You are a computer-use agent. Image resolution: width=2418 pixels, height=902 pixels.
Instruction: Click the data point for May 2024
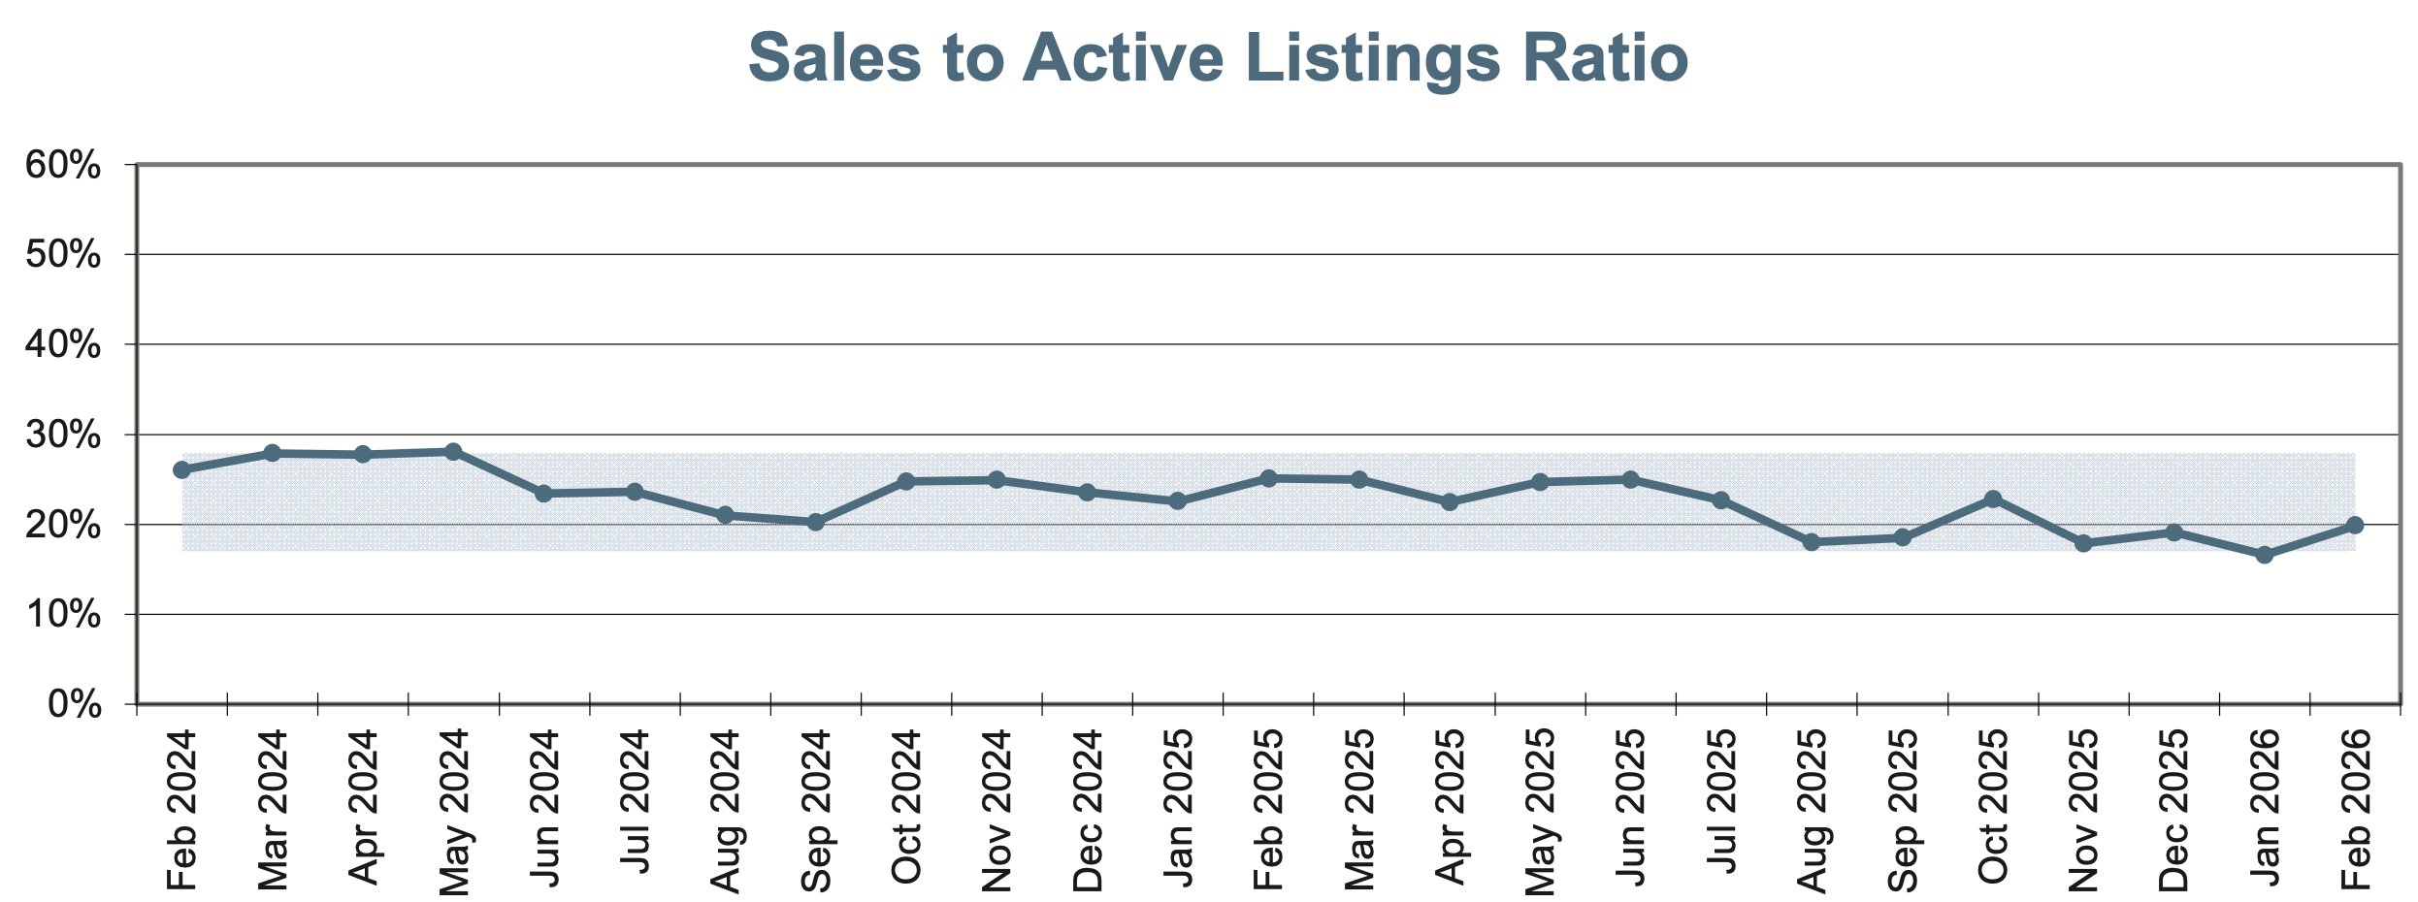point(453,452)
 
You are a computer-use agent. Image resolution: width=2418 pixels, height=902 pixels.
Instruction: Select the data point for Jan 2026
point(2264,555)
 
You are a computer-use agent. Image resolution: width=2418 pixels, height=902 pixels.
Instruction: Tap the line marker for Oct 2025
point(1993,499)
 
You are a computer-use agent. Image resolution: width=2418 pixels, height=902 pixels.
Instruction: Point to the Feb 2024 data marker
point(181,469)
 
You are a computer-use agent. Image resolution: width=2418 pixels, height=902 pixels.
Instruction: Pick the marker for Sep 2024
point(816,522)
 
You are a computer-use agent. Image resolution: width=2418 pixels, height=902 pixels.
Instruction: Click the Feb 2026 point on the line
point(2354,526)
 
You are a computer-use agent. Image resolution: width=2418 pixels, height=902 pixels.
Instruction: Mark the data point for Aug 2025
point(1812,542)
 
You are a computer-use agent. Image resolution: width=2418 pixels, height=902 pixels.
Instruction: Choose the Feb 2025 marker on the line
point(1268,478)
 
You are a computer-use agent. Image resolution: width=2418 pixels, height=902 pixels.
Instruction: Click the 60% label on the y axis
point(63,165)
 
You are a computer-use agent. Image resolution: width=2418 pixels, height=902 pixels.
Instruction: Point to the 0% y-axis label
point(75,705)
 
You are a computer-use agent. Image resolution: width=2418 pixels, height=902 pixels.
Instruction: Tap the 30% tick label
point(63,435)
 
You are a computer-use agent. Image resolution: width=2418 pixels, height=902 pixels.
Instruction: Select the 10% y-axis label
point(63,615)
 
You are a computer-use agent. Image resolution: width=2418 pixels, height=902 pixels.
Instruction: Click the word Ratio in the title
point(1605,58)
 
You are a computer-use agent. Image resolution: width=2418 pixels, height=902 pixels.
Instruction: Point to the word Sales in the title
point(834,58)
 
